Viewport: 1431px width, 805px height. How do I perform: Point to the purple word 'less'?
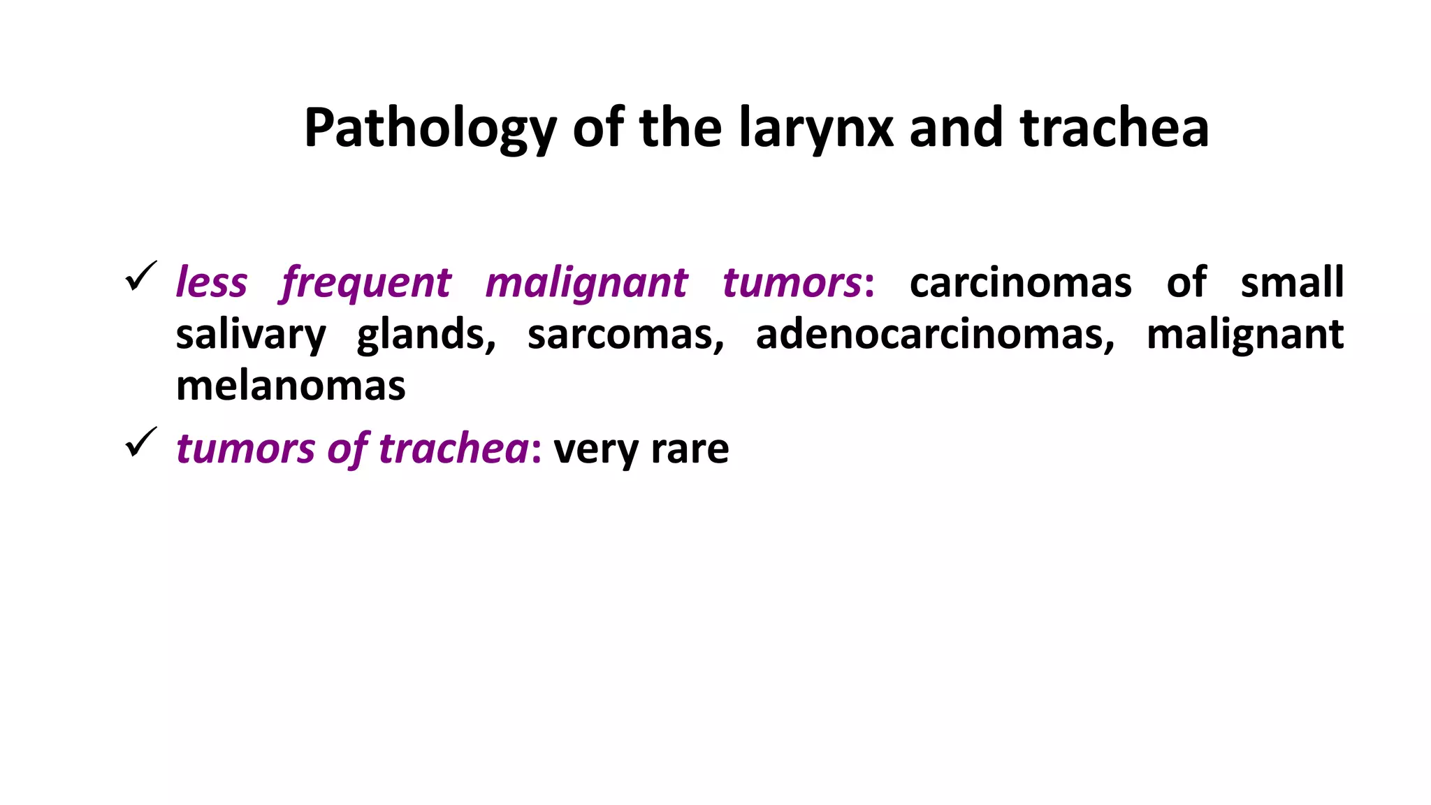211,282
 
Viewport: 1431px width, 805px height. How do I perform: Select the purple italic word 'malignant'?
586,284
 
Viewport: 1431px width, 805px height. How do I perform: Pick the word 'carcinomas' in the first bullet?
1020,282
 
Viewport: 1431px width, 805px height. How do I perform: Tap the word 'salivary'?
250,335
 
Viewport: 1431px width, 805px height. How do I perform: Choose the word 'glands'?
426,335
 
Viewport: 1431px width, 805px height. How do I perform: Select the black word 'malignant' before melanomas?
1244,335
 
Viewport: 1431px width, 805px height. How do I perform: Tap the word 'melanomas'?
291,386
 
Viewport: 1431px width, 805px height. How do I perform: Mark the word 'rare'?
690,449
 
